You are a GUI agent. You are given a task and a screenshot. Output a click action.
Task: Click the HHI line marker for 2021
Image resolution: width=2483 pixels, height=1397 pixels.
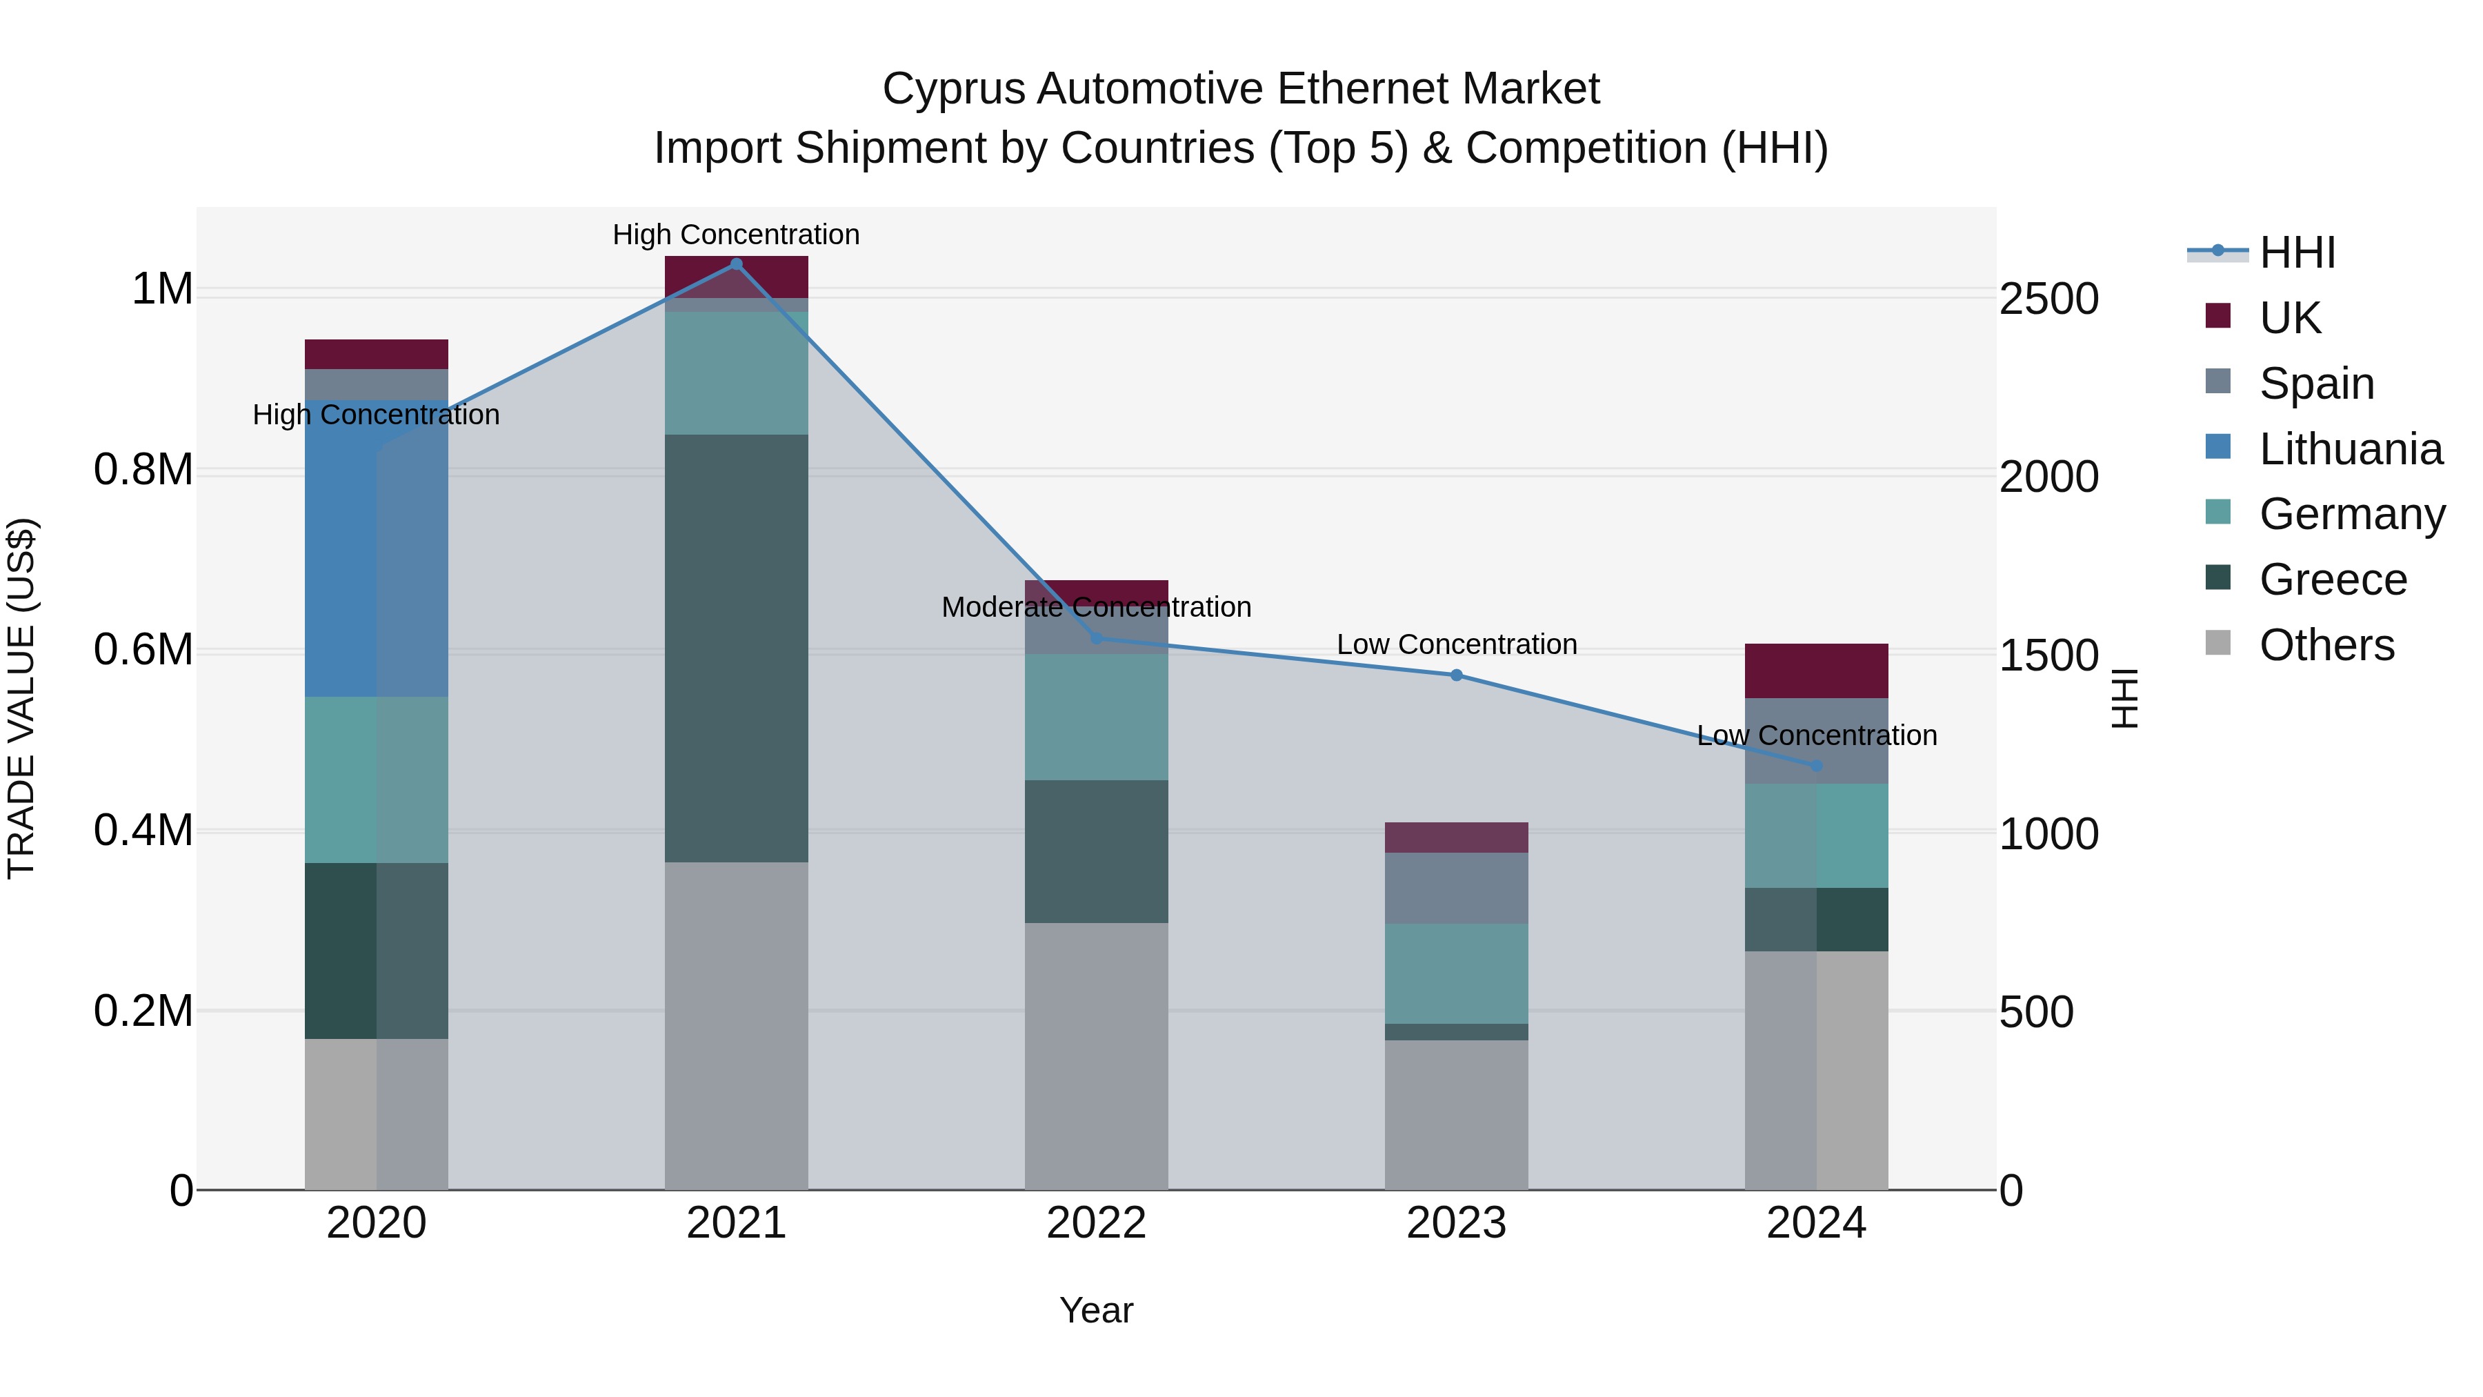(x=737, y=264)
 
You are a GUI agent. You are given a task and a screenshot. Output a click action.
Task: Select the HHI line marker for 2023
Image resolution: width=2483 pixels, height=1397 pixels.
(x=1457, y=675)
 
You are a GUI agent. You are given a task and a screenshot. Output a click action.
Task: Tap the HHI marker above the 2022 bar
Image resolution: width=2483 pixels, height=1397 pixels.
(x=1096, y=638)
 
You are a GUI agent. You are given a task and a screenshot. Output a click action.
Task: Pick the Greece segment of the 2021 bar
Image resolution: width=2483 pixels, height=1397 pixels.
(x=737, y=648)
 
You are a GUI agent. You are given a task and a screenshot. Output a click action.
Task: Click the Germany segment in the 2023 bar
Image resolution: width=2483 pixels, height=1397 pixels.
(x=1457, y=973)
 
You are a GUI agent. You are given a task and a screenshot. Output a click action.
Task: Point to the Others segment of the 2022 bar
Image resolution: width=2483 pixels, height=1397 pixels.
(x=1096, y=1056)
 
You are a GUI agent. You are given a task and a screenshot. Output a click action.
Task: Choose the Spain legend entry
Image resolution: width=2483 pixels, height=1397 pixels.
(x=2315, y=383)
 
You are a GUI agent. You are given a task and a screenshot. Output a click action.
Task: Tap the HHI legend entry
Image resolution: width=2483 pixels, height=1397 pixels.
(x=2296, y=252)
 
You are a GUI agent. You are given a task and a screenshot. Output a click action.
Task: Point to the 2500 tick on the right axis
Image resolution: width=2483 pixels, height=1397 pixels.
(x=2048, y=299)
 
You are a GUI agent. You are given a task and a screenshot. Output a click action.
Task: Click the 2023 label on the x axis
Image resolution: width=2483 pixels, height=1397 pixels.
(x=1457, y=1222)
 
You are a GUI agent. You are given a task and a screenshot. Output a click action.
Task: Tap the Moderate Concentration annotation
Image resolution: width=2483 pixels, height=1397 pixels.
(x=1096, y=607)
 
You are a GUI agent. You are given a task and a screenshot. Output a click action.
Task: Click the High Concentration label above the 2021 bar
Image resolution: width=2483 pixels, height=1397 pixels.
(x=737, y=235)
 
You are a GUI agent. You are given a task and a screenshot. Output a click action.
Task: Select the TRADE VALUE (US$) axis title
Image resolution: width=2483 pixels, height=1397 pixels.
(x=21, y=698)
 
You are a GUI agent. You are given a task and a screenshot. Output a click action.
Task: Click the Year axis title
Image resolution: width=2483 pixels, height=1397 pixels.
(x=1096, y=1310)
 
